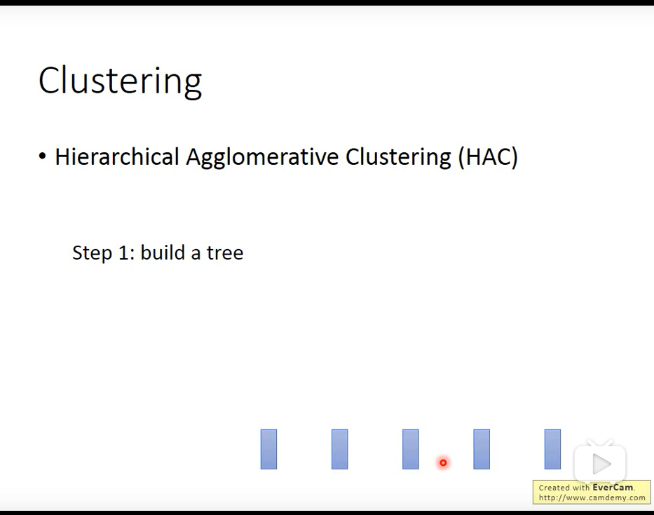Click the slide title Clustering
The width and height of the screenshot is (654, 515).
click(120, 81)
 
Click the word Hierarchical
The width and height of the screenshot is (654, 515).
click(117, 157)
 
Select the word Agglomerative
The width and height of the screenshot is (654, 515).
click(262, 158)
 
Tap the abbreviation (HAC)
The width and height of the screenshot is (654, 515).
click(488, 157)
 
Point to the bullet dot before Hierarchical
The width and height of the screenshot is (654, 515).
click(42, 156)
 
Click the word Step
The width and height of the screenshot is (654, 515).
click(92, 253)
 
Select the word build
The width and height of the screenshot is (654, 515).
click(163, 252)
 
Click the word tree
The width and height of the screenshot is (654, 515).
click(225, 253)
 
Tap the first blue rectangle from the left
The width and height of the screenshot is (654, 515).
click(268, 449)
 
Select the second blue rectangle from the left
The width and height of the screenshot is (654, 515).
click(339, 449)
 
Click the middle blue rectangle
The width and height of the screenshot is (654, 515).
click(411, 449)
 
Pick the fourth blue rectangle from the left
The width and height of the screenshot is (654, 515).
click(482, 449)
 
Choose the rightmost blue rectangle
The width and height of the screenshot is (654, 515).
click(552, 449)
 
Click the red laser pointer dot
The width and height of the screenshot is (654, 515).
click(443, 462)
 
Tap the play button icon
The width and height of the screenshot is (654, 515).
click(600, 463)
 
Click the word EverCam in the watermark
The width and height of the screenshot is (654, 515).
click(612, 488)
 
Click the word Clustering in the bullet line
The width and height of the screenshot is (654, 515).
click(398, 158)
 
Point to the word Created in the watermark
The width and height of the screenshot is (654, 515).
click(554, 488)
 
